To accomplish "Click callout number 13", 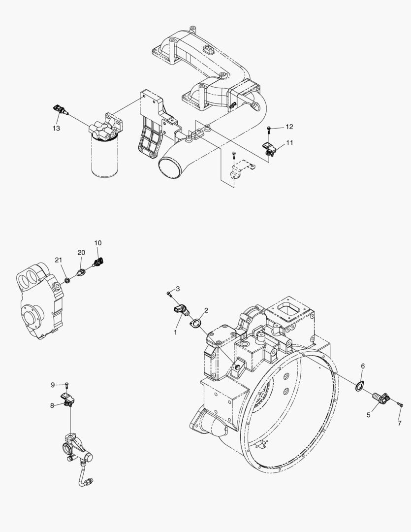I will tap(57, 128).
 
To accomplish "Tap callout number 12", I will tap(289, 127).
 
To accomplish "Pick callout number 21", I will tap(59, 260).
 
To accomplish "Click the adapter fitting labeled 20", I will tap(82, 271).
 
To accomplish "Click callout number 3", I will tap(178, 288).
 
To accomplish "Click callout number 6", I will tap(363, 366).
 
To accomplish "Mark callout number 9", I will tap(53, 385).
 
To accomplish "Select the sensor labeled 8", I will tap(68, 399).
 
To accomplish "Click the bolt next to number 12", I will tap(269, 129).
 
